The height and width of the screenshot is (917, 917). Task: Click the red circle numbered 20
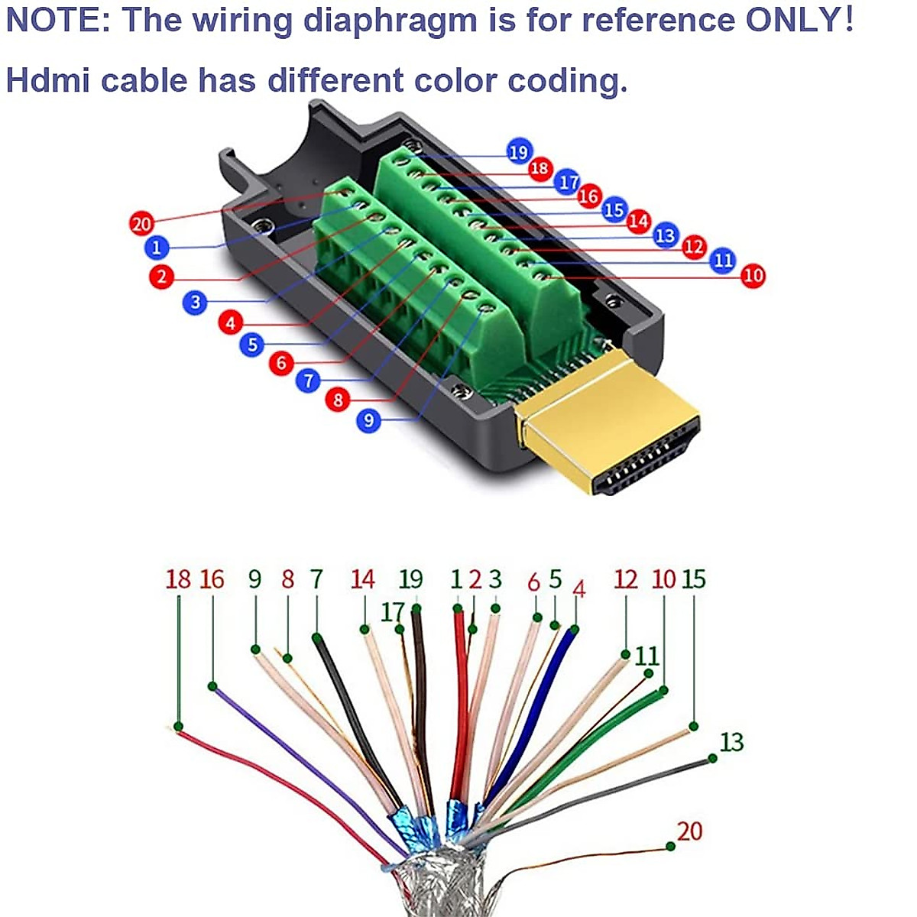coord(141,224)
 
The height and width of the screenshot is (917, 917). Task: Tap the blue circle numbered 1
coord(157,248)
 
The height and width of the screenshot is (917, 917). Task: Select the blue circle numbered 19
coord(519,152)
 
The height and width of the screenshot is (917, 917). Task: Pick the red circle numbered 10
coord(753,275)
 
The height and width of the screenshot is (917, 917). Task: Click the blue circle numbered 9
coord(368,420)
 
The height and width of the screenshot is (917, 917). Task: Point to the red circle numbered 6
coord(281,362)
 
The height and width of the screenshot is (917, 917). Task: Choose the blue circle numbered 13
coord(666,235)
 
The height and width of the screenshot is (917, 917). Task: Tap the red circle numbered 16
coord(588,196)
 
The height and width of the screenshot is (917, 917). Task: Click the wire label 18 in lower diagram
coord(178,579)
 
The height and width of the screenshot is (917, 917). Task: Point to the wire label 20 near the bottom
coord(689,831)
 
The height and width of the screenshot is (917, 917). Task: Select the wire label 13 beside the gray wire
coord(731,741)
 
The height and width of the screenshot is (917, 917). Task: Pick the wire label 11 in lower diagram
coord(646,656)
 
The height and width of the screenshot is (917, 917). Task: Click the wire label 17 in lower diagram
coord(392,612)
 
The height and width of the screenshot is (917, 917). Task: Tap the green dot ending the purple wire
coord(212,686)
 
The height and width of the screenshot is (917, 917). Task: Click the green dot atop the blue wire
coord(575,630)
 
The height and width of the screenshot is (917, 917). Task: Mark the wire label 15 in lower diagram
coord(694,579)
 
